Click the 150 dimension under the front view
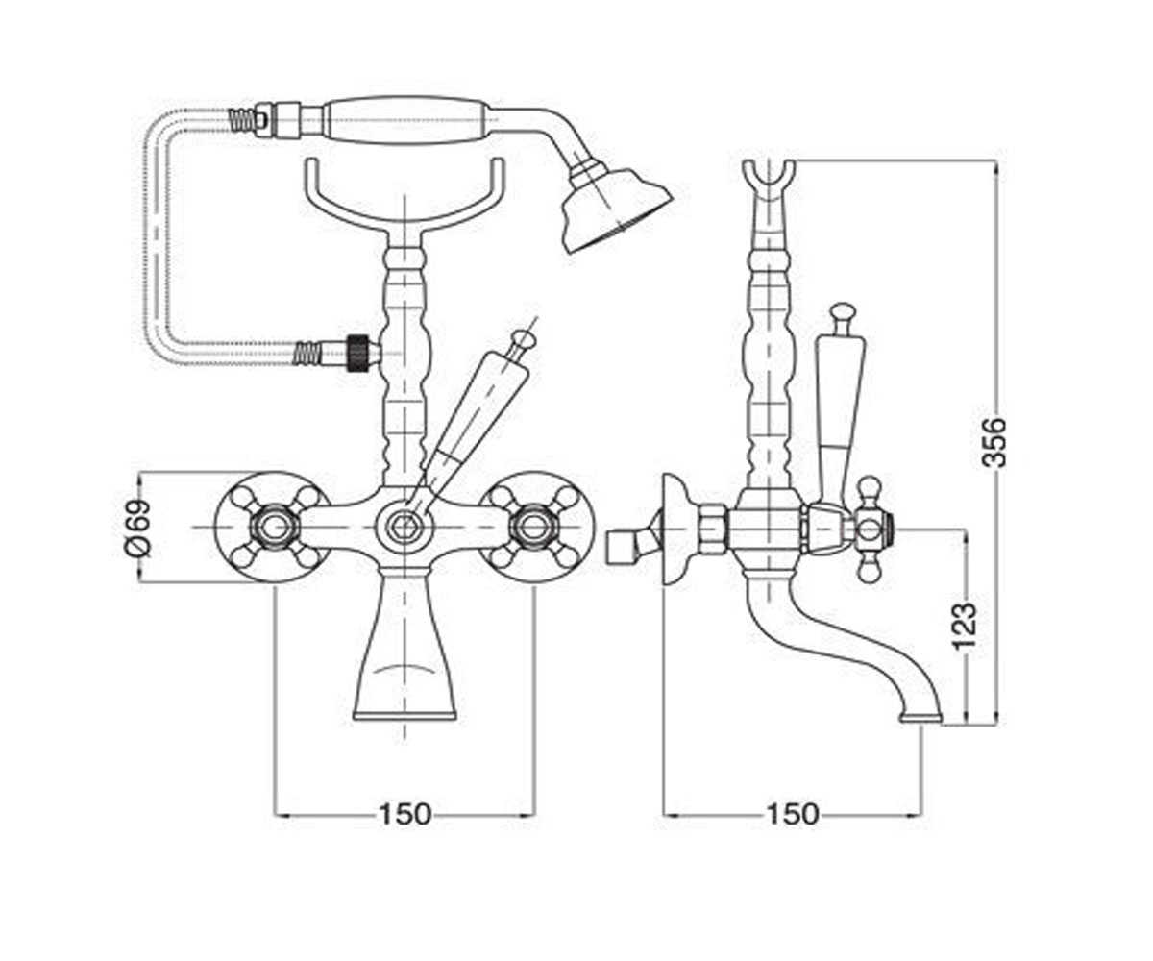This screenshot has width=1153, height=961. [x=405, y=814]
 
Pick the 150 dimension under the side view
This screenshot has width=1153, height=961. [x=792, y=814]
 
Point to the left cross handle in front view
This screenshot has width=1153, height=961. [x=273, y=528]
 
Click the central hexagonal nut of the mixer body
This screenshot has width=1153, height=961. [x=405, y=528]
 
